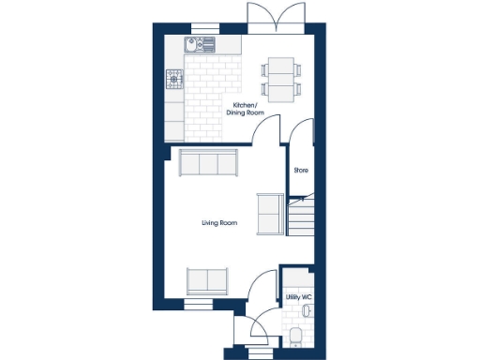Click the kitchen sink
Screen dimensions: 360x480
coord(201,44)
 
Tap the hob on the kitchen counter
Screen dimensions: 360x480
coord(174,80)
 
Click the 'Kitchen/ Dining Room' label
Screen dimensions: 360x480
coord(246,109)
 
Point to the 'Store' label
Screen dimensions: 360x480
coord(301,171)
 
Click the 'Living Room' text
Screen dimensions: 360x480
coord(218,223)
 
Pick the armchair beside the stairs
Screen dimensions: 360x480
coord(269,214)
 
